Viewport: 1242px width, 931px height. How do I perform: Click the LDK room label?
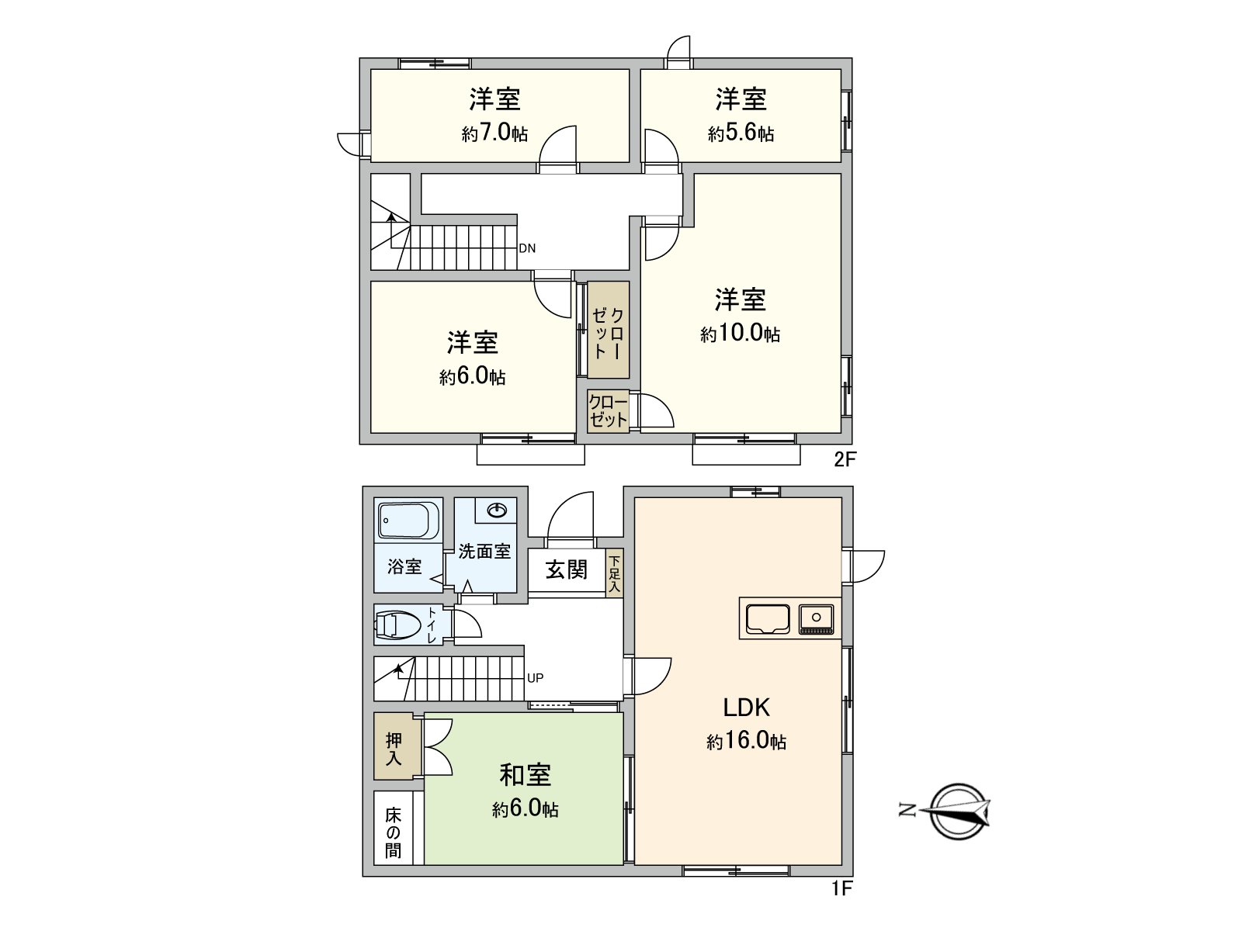746,707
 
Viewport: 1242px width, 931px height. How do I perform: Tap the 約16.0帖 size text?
746,742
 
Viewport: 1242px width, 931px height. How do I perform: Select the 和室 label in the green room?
525,774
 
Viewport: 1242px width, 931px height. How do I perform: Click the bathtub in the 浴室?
408,520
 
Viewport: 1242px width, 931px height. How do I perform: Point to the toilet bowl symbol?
397,625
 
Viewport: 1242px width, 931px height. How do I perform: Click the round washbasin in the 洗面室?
497,510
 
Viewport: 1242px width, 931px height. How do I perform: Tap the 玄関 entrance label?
567,569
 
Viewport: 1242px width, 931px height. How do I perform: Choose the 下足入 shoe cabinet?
615,575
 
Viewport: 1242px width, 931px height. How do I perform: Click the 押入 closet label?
394,748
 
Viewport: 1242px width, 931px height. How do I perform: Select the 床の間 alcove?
394,833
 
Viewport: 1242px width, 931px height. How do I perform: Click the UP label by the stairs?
535,677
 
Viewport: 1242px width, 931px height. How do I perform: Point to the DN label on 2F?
527,248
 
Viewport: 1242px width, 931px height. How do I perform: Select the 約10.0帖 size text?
740,334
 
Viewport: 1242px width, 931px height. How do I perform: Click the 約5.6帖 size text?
741,133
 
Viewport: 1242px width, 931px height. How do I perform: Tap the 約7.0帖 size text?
494,133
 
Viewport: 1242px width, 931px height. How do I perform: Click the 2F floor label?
845,459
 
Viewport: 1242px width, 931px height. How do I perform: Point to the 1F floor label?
841,889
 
